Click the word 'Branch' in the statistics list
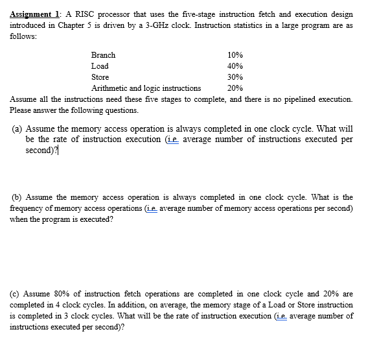pyautogui.click(x=103, y=55)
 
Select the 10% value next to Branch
pyautogui.click(x=236, y=55)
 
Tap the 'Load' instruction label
pyautogui.click(x=100, y=66)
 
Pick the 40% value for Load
pyautogui.click(x=236, y=66)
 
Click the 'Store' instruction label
pyautogui.click(x=100, y=77)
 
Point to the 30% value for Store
pyautogui.click(x=236, y=77)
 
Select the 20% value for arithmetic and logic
pyautogui.click(x=236, y=87)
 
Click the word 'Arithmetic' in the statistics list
pyautogui.click(x=109, y=87)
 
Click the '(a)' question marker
pyautogui.click(x=17, y=128)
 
